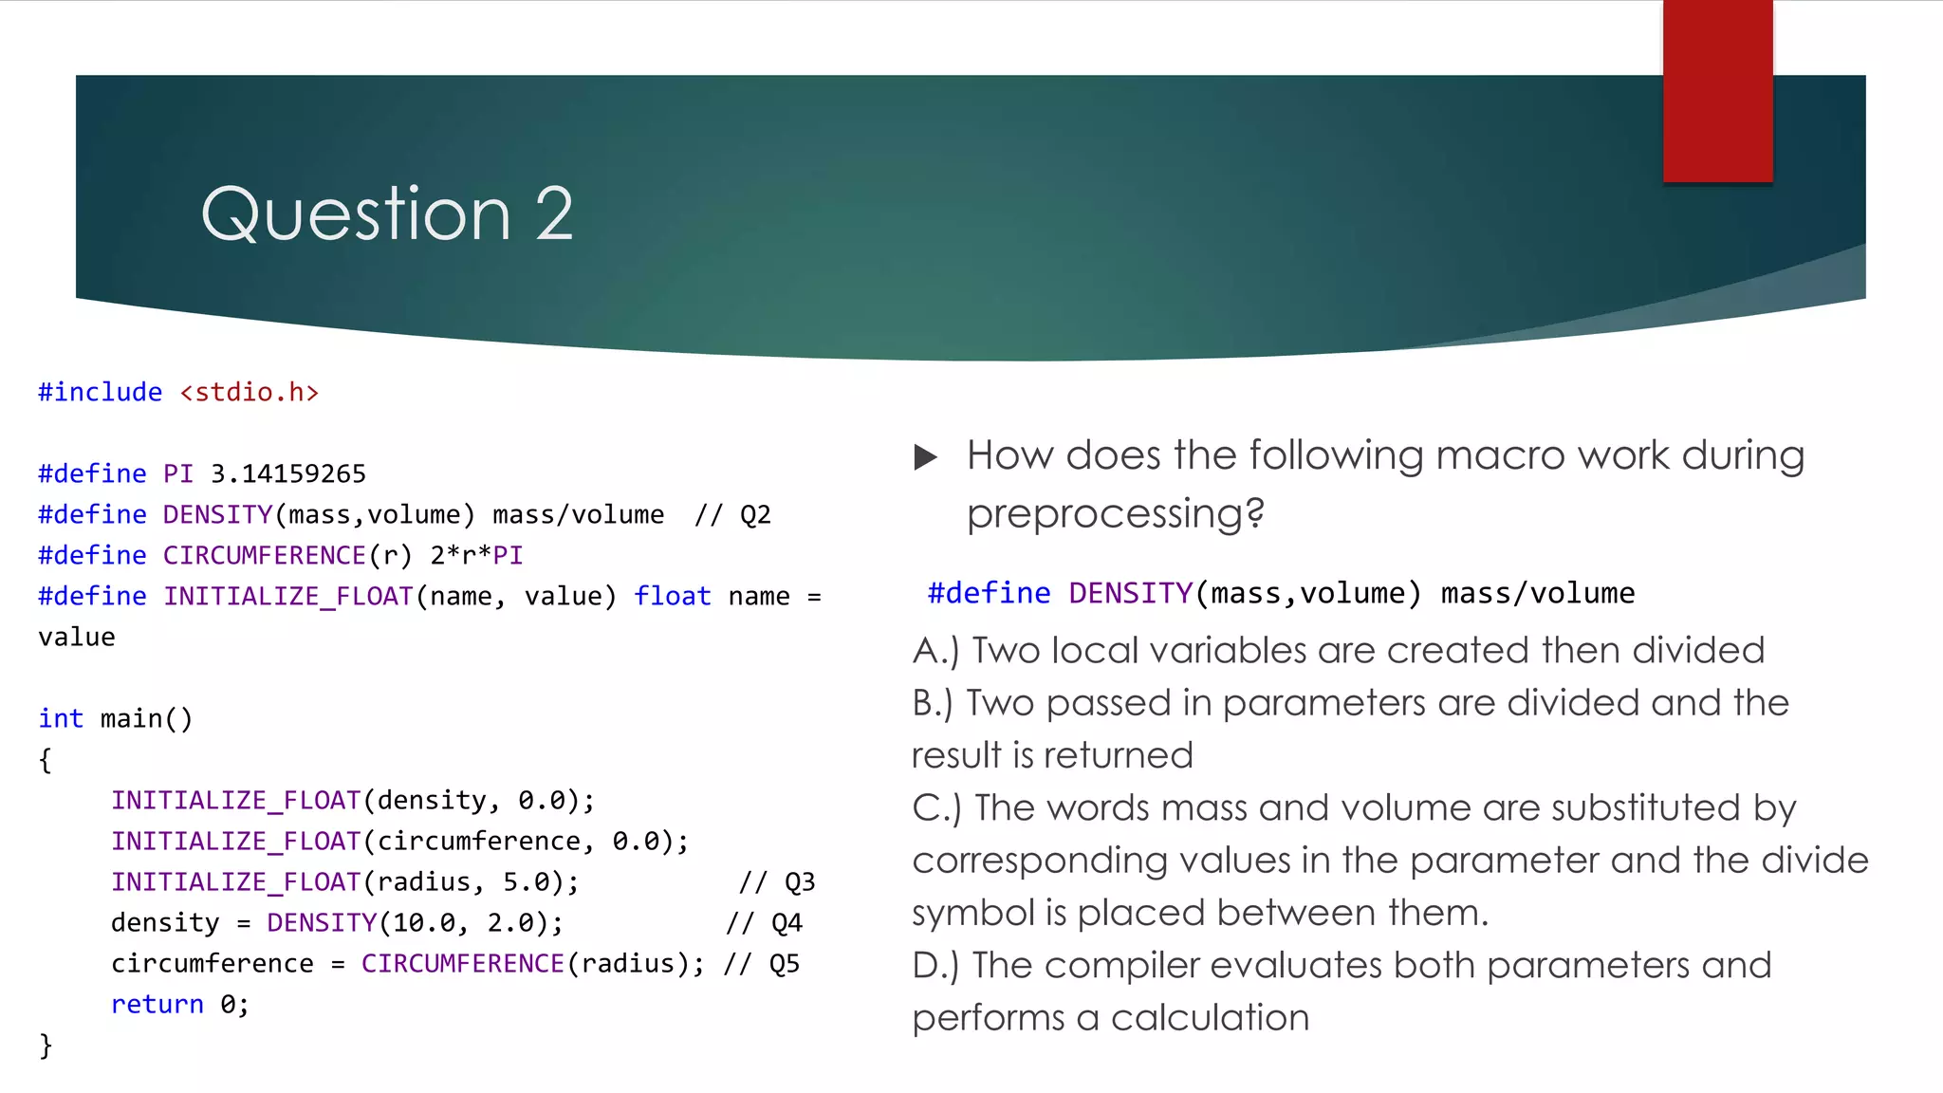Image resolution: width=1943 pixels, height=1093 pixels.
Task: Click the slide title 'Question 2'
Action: point(387,214)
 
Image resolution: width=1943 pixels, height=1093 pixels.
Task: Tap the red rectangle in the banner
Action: point(1717,92)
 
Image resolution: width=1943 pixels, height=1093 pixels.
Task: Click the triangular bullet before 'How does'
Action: point(925,457)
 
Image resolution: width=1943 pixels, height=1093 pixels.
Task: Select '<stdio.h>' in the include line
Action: point(250,392)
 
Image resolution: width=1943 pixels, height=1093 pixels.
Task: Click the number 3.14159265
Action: point(288,473)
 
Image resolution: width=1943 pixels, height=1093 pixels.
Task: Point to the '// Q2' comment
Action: point(732,514)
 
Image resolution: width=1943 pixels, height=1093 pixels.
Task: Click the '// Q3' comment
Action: point(777,882)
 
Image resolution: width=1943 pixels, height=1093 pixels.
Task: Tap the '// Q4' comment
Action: point(765,923)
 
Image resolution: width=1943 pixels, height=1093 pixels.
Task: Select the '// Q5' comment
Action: point(762,964)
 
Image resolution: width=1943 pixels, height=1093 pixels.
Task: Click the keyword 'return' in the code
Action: point(157,1005)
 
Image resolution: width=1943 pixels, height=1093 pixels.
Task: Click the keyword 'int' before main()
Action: point(61,719)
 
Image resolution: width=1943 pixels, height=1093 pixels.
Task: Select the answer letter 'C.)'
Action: point(936,808)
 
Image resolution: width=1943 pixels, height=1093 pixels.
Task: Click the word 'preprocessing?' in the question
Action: point(1116,514)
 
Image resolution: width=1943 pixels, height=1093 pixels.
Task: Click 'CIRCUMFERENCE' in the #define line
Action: point(264,555)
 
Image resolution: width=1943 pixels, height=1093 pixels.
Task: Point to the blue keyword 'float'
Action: point(673,596)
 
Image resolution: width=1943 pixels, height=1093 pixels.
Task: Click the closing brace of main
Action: point(46,1046)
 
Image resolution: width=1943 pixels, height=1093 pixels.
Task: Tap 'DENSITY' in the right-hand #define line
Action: point(1130,593)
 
